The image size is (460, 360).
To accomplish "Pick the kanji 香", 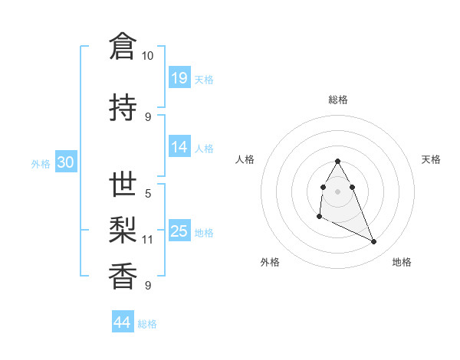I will pyautogui.click(x=122, y=275).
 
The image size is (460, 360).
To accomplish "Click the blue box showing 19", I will pyautogui.click(x=179, y=77).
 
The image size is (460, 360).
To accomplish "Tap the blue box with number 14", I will pyautogui.click(x=179, y=147).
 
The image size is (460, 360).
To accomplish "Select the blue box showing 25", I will pyautogui.click(x=179, y=231).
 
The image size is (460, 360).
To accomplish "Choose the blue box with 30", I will pyautogui.click(x=65, y=163).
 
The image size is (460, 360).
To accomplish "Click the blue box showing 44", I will pyautogui.click(x=122, y=322).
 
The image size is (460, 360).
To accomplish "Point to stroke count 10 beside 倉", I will pyautogui.click(x=147, y=56).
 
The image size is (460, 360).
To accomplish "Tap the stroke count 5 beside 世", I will pyautogui.click(x=147, y=195).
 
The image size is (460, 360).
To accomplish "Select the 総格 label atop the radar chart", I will pyautogui.click(x=338, y=100).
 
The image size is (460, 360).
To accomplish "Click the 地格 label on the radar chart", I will pyautogui.click(x=402, y=262).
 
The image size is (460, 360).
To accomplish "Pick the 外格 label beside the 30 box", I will pyautogui.click(x=41, y=164).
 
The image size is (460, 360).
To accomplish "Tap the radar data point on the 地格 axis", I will pyautogui.click(x=374, y=242).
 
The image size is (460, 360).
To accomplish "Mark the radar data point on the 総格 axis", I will pyautogui.click(x=338, y=161).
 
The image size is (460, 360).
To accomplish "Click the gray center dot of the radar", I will pyautogui.click(x=338, y=191).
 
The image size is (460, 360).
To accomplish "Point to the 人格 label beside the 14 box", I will pyautogui.click(x=204, y=148).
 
